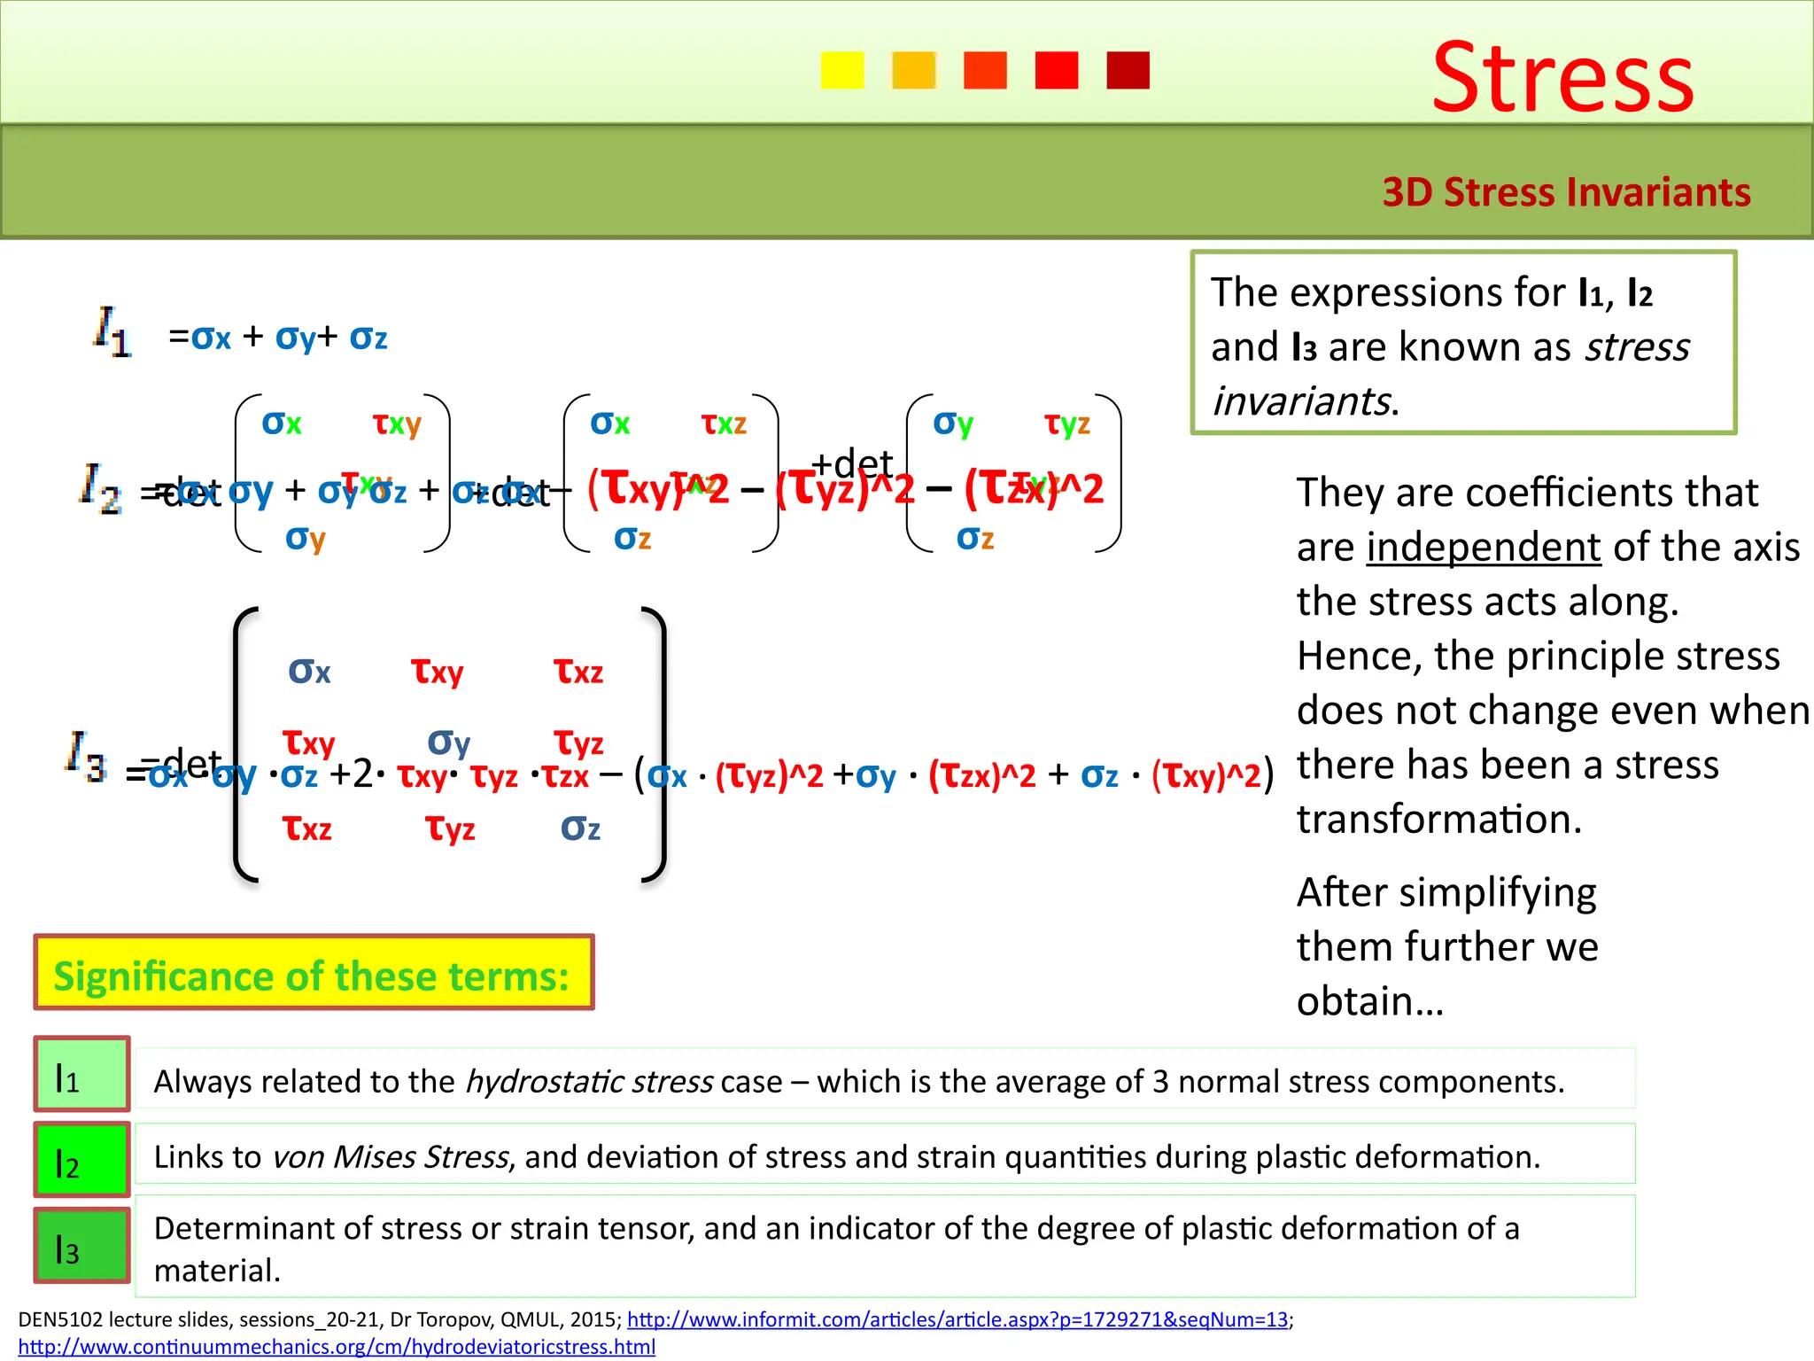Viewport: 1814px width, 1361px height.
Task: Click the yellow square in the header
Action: coord(841,70)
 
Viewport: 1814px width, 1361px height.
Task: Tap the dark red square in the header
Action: coord(1128,70)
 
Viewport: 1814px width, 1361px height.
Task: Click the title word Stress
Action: coord(1562,78)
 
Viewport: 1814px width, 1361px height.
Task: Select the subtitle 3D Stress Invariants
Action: coord(1566,192)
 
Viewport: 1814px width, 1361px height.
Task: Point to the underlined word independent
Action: coord(1484,548)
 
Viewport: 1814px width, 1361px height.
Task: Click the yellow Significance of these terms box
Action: coord(314,973)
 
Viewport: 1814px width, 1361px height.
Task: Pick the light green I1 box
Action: coord(81,1074)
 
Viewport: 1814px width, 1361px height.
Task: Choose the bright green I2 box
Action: coord(81,1159)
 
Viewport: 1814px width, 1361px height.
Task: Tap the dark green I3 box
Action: coord(81,1245)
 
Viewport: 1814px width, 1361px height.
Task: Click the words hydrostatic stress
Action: coord(589,1082)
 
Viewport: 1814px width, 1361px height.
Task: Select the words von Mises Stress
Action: coord(391,1157)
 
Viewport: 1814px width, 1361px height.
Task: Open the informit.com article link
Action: coord(957,1319)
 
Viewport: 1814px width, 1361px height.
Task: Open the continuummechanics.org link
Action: coord(337,1347)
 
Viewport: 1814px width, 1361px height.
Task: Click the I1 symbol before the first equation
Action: coord(112,332)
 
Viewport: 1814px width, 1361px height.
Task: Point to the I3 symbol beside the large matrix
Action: coord(86,756)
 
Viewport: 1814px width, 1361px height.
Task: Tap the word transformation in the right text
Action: coord(1439,820)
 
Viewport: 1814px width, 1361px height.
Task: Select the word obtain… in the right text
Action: coord(1370,1001)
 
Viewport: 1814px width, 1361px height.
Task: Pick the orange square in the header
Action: coord(913,70)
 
